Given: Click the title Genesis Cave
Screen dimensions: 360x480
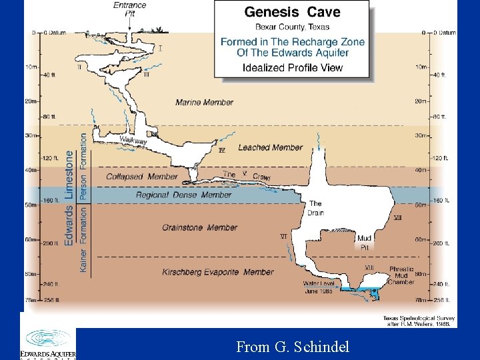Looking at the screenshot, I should pos(292,11).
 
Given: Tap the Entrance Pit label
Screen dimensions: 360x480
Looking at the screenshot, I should pos(129,9).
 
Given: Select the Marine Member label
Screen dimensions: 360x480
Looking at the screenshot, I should pos(205,102).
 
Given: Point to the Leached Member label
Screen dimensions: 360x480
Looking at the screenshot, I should pos(270,147).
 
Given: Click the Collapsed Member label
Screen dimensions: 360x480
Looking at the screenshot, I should pos(142,177).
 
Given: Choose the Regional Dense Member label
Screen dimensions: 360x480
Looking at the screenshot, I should pos(183,195).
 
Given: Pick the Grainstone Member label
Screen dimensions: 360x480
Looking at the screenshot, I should pos(199,227).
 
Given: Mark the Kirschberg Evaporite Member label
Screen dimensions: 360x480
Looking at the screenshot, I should pos(218,272).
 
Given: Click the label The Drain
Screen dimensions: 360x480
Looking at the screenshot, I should pos(316,208).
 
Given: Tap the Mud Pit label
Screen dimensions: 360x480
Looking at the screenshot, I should pos(364,242).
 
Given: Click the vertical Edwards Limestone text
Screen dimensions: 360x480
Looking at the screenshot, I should pos(70,198).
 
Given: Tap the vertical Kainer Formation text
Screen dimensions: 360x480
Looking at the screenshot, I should pos(83,239).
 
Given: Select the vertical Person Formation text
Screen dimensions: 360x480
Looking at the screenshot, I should pos(83,166).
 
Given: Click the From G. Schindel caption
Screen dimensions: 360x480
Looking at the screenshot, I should pos(292,346).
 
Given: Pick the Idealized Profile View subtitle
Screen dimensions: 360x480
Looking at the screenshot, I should pos(293,67).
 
